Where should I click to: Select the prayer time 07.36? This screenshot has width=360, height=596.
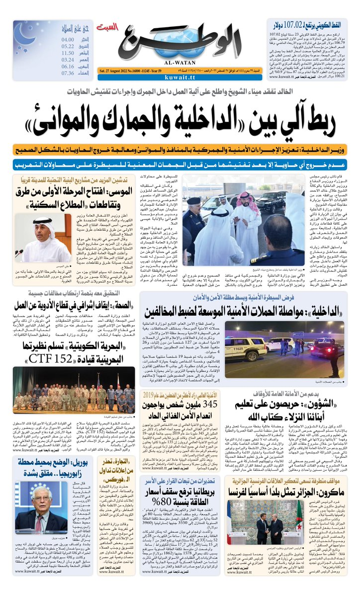point(68,73)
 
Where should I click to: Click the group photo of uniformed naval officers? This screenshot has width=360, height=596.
point(74,391)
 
